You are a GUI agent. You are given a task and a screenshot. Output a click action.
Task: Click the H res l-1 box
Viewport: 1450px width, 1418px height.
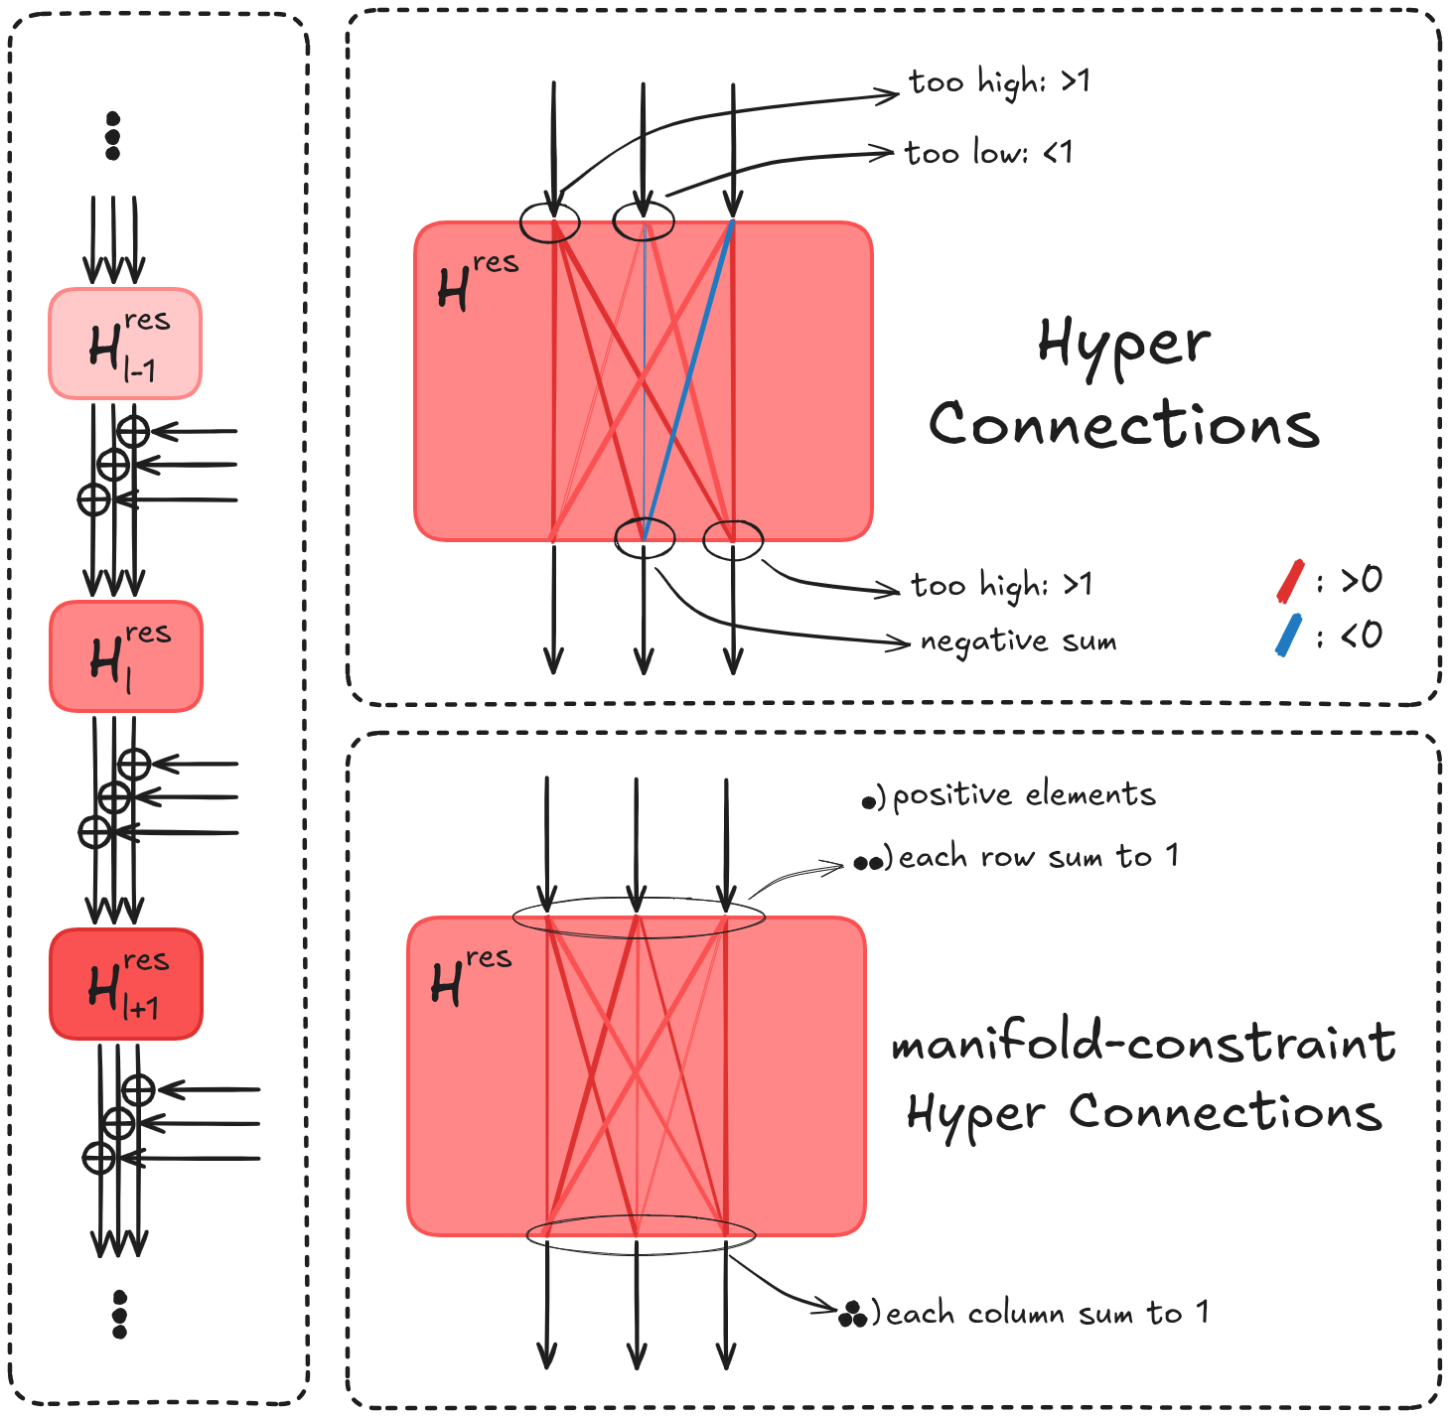(125, 344)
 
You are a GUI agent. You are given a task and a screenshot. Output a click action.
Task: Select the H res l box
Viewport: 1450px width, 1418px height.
(126, 656)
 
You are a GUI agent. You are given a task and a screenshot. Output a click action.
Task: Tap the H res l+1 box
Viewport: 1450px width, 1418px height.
(126, 984)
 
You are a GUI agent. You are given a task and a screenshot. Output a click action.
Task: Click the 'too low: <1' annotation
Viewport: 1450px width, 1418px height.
(989, 153)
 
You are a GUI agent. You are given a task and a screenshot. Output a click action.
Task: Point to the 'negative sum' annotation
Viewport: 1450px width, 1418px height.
(1018, 641)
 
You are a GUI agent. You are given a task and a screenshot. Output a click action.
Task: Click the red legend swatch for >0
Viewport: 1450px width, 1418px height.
(1290, 581)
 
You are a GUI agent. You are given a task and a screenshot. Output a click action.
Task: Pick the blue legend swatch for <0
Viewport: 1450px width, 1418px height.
(1288, 636)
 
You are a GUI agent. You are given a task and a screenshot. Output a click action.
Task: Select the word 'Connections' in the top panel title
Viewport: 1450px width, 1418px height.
(1124, 425)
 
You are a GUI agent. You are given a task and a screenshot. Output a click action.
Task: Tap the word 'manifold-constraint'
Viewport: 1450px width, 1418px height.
(1144, 1044)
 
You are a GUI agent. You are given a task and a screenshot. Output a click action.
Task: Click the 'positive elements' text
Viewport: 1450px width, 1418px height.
(1024, 795)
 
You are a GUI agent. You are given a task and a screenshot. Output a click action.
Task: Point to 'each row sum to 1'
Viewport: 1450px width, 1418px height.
(1039, 857)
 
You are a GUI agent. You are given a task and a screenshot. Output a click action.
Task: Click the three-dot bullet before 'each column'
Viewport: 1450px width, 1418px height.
(852, 1315)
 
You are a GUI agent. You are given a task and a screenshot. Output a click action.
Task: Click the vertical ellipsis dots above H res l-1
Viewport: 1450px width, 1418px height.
(112, 136)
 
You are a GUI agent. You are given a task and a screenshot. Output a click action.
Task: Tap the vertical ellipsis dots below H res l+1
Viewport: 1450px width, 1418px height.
(120, 1314)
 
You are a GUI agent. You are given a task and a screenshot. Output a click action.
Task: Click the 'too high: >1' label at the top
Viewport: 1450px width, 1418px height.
(999, 82)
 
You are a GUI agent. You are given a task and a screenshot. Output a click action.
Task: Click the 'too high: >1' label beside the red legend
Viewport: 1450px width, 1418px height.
(1002, 585)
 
